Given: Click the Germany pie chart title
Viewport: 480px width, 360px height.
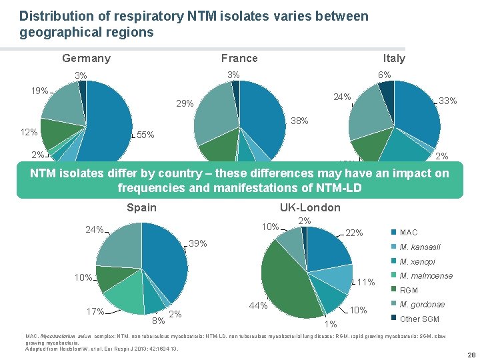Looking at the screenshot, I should tap(86, 58).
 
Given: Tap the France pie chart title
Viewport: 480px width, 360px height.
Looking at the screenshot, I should tap(239, 58).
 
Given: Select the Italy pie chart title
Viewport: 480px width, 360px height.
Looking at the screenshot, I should tap(394, 58).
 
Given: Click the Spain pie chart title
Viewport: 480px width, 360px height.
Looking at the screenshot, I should tap(141, 207).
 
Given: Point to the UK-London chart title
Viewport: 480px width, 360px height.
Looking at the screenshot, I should tap(310, 207).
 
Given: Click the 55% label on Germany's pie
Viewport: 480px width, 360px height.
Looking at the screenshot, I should tap(145, 135).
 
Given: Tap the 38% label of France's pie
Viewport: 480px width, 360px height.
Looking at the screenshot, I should tap(299, 122).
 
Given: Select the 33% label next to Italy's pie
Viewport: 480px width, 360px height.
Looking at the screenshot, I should tap(447, 101).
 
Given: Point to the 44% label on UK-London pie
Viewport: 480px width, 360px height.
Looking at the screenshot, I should tap(257, 306).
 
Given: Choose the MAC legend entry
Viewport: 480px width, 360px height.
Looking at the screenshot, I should tap(407, 232).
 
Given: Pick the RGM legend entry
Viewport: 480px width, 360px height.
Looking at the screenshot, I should tap(408, 290).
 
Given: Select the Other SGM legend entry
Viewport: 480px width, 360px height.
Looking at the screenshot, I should tap(419, 319).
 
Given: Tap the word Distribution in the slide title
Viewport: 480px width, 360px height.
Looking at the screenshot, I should tap(52, 15).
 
